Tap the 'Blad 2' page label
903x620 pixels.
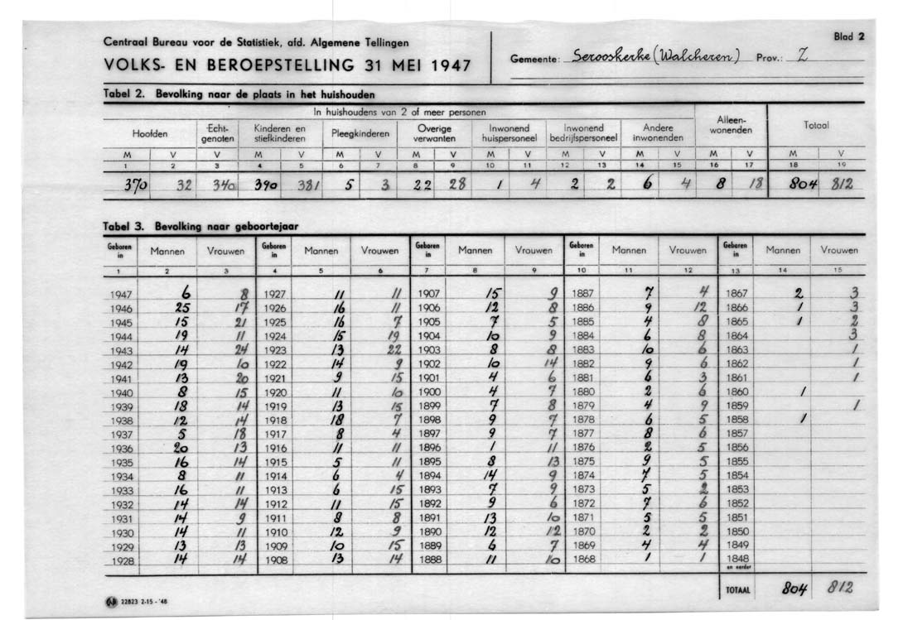850,36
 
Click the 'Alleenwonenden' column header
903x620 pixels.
731,125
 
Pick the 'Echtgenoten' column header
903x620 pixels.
217,133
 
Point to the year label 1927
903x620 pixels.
275,293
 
